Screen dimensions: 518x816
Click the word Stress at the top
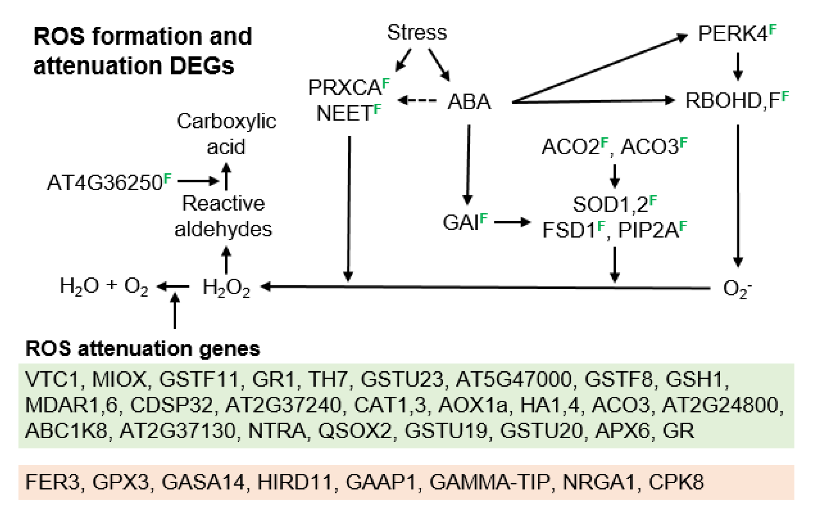[417, 32]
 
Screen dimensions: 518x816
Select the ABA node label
[469, 102]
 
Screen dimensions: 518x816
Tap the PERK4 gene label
[733, 34]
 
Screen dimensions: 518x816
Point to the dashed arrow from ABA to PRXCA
[417, 101]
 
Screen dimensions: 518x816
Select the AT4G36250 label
[105, 182]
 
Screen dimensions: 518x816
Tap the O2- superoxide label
[735, 289]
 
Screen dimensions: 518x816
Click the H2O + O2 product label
[104, 286]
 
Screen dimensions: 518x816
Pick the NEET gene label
[344, 113]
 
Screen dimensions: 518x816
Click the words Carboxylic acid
[226, 133]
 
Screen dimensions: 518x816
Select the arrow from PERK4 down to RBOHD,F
[738, 66]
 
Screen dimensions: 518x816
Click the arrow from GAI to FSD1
[512, 222]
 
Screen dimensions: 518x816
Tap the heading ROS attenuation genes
[143, 349]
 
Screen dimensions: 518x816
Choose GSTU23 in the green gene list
[402, 379]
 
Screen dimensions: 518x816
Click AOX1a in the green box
[473, 405]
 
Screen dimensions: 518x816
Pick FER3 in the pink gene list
[53, 482]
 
